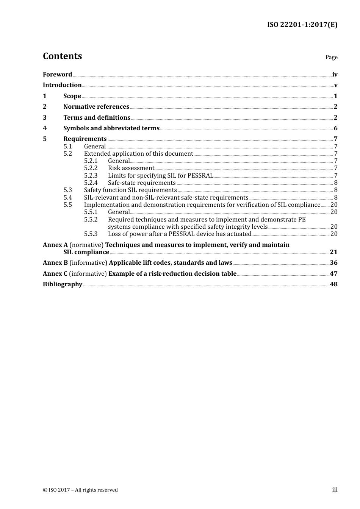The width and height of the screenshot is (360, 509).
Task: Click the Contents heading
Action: (x=62, y=56)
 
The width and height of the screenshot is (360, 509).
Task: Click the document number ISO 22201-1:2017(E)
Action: (x=302, y=25)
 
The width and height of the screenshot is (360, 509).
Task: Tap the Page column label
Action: (x=331, y=57)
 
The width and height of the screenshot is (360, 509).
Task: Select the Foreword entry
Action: (x=57, y=75)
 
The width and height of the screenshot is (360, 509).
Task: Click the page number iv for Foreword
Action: (x=335, y=75)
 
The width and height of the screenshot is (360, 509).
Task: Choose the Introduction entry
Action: (x=62, y=85)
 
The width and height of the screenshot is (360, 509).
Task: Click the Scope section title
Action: (x=72, y=96)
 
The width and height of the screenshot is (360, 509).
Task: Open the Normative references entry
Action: (x=96, y=107)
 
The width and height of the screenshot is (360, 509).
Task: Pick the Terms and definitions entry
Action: (x=97, y=118)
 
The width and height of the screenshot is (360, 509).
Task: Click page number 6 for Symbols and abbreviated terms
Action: (x=335, y=128)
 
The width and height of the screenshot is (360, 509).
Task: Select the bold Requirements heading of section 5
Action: (x=85, y=139)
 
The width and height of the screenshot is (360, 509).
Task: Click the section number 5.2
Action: (x=67, y=154)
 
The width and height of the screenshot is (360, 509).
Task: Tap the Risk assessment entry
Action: (x=131, y=168)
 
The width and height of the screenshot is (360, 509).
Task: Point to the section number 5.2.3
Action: (x=91, y=176)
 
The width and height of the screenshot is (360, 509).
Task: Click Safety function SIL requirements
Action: (x=130, y=190)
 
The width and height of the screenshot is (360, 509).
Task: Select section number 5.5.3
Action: (x=91, y=234)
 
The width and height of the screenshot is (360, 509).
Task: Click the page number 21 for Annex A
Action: (x=333, y=252)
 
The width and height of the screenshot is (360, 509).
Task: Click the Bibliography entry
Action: (x=63, y=284)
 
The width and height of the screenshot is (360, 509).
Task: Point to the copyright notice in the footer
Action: (x=80, y=490)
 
